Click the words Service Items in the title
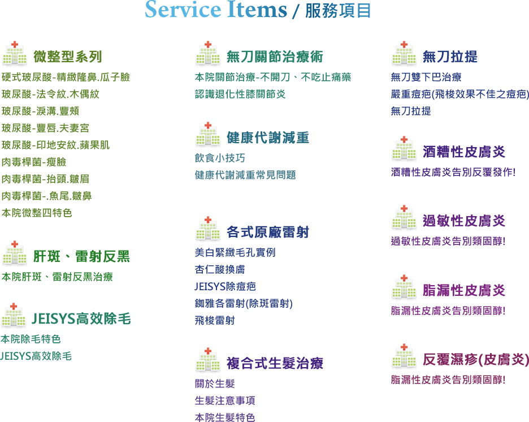[215, 10]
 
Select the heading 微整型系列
[67, 57]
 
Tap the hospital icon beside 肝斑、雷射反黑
[15, 256]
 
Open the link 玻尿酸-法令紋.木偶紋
[50, 94]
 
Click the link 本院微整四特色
[37, 213]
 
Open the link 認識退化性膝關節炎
[240, 94]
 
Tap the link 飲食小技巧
[220, 158]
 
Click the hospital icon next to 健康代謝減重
[208, 137]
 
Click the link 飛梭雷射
[214, 321]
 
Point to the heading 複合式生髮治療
[275, 363]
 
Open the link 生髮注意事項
[225, 401]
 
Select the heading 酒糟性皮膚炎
[464, 152]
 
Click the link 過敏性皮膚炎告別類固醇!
[448, 242]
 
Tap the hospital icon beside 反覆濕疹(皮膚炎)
[404, 359]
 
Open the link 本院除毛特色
[31, 339]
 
